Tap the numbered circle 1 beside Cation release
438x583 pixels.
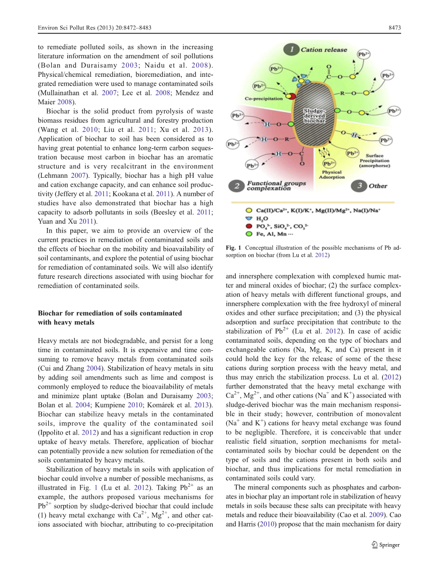(x=291, y=49)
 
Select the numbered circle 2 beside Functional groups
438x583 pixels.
(x=236, y=186)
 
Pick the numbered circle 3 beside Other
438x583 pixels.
(x=359, y=186)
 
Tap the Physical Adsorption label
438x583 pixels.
(x=331, y=175)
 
